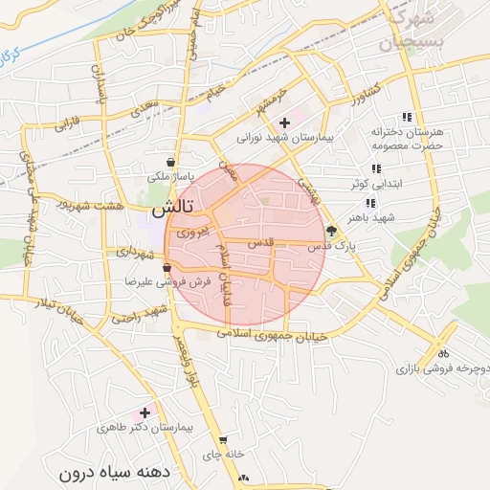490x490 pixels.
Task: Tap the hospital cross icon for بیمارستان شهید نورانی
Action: [x=284, y=122]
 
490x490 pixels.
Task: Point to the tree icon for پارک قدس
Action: [x=331, y=231]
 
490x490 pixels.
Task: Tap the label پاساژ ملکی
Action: [x=170, y=177]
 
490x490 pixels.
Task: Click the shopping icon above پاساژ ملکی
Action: [x=170, y=162]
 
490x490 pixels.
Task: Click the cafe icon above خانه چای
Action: [x=223, y=440]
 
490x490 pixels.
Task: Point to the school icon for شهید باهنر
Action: [x=369, y=203]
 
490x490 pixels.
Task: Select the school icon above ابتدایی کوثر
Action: [x=376, y=168]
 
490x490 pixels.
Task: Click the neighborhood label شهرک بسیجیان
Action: [x=412, y=31]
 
